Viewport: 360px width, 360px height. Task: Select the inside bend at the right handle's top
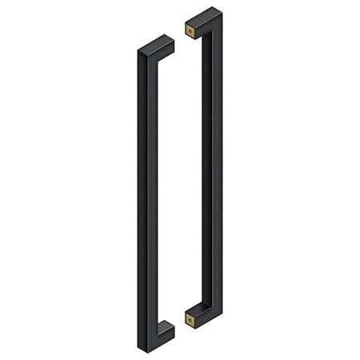tap(205, 35)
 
